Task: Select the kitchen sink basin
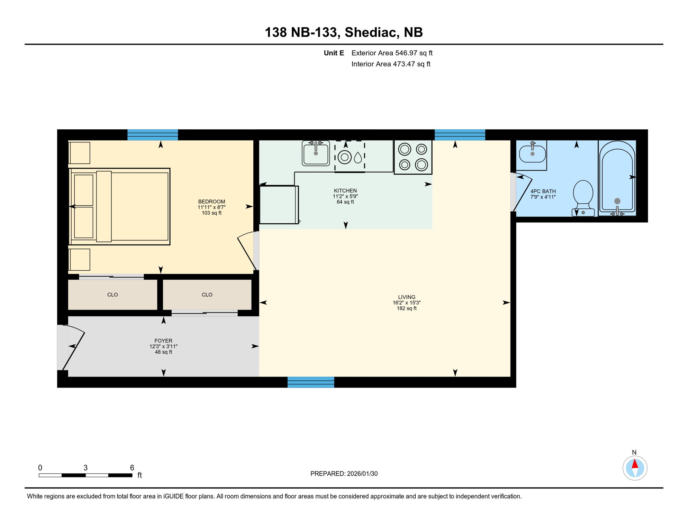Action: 316,153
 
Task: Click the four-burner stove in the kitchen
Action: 413,157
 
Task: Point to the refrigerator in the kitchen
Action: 279,205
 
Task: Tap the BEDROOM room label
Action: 211,202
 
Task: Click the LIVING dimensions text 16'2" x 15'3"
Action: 406,302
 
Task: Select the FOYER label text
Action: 163,341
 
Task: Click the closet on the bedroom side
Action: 112,295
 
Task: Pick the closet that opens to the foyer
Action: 207,295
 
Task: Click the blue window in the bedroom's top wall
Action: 153,135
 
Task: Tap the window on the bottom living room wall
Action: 311,382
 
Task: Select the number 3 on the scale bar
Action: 85,468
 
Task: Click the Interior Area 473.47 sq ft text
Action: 390,64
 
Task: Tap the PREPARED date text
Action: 344,474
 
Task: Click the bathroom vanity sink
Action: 532,154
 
